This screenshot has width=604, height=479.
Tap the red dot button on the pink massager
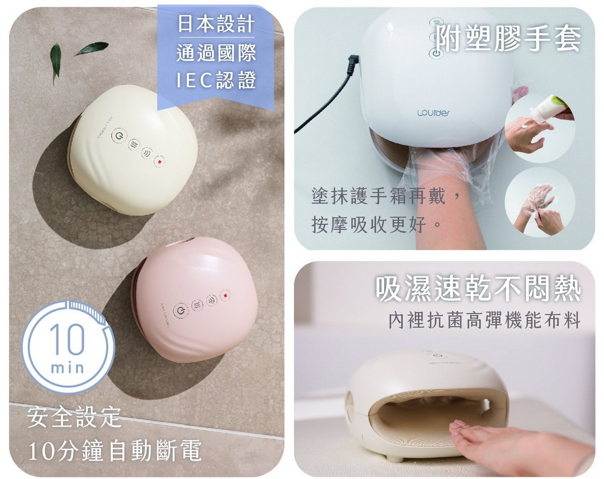[x=226, y=296]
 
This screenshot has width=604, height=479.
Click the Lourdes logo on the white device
[x=433, y=113]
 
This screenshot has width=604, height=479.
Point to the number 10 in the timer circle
[x=67, y=340]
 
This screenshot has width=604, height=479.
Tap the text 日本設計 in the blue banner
[x=216, y=25]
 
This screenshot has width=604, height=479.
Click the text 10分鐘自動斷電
[x=115, y=451]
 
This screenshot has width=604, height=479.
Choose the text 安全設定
[x=74, y=417]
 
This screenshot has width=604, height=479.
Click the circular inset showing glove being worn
[x=539, y=203]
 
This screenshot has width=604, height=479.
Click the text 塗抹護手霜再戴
[x=387, y=197]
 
